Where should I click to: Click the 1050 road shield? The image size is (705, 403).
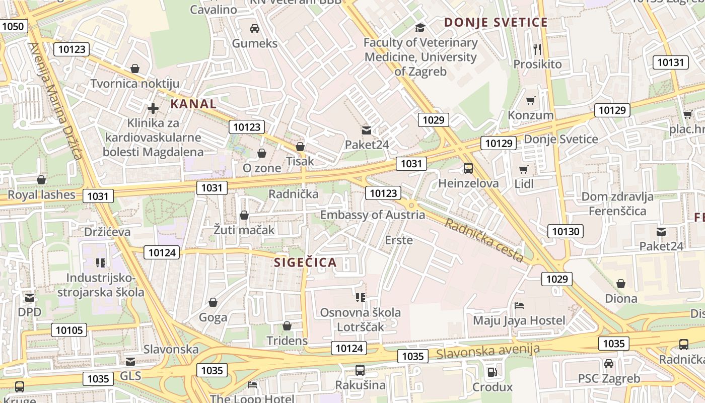pos(13,26)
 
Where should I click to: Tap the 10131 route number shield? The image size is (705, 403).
pos(671,62)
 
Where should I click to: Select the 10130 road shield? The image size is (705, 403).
pos(566,231)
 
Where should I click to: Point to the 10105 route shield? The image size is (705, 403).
pos(69,330)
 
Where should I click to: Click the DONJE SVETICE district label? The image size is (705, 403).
pos(496,22)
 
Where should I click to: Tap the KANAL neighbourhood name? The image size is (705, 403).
pos(194,104)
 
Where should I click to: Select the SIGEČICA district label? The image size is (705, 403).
pos(305,262)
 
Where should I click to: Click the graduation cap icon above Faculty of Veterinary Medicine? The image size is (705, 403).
pos(420,27)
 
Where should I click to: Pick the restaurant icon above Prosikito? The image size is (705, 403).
pos(537,49)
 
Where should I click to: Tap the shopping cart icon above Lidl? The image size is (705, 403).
pos(524,170)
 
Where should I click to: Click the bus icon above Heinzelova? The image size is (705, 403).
pos(468,168)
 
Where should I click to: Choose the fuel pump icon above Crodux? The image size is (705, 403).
pos(492,372)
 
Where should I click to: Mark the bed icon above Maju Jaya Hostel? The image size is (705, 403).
pos(519,305)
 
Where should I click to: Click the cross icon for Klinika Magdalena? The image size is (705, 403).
pos(153,108)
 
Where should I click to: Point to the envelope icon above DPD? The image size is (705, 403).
pos(30,297)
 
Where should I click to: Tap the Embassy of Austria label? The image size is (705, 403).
pos(373,215)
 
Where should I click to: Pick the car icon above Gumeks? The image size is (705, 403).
pos(255,28)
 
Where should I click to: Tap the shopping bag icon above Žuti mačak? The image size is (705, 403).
pos(244,215)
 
